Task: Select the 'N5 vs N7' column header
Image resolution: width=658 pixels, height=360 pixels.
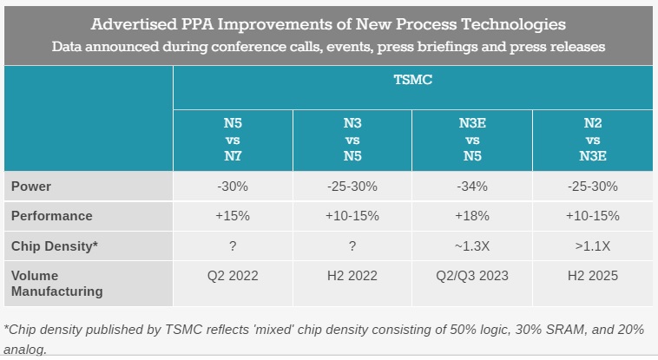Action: pyautogui.click(x=233, y=140)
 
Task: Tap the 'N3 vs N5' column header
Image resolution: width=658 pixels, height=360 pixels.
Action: pyautogui.click(x=352, y=140)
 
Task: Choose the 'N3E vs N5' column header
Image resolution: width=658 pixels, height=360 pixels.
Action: pyautogui.click(x=471, y=140)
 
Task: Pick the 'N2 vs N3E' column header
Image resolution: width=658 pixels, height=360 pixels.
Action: pyautogui.click(x=593, y=140)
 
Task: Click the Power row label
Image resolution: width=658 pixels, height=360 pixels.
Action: pyautogui.click(x=30, y=186)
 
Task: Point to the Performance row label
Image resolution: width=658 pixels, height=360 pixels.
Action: pyautogui.click(x=51, y=216)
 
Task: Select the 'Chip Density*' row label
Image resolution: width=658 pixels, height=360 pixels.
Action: pyautogui.click(x=54, y=246)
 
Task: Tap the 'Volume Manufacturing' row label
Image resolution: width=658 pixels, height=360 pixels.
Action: pyautogui.click(x=56, y=284)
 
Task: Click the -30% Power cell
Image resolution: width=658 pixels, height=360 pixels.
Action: pyautogui.click(x=233, y=186)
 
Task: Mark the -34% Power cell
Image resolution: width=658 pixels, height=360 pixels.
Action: pyautogui.click(x=471, y=186)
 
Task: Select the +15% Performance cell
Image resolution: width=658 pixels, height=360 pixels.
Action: pyautogui.click(x=233, y=216)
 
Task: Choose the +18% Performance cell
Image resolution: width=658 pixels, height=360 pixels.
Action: pyautogui.click(x=471, y=216)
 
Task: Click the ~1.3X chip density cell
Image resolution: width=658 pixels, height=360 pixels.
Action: pyautogui.click(x=471, y=246)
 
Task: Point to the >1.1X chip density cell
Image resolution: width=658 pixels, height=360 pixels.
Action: pyautogui.click(x=593, y=246)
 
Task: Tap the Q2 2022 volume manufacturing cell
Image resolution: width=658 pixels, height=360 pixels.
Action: pyautogui.click(x=233, y=276)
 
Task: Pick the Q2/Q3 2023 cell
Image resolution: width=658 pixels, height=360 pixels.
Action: pyautogui.click(x=471, y=276)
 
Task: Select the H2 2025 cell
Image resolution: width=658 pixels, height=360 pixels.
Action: pyautogui.click(x=593, y=276)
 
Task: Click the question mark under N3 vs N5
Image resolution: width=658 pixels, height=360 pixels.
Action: pyautogui.click(x=352, y=246)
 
